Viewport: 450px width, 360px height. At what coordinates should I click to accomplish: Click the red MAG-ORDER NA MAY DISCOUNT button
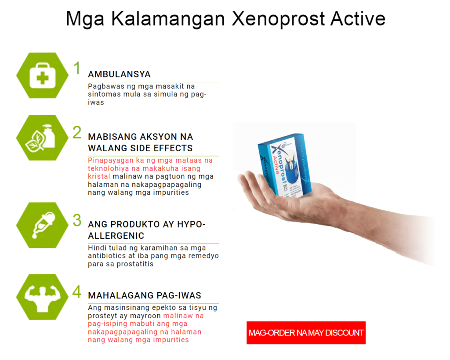click(x=306, y=333)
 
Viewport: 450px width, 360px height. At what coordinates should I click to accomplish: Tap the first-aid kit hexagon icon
click(x=43, y=76)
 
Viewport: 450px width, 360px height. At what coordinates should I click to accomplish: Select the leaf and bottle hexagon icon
click(x=43, y=138)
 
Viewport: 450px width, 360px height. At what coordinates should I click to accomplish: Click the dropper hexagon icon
click(x=43, y=225)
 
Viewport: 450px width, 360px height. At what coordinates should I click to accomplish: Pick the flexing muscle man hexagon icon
click(x=43, y=297)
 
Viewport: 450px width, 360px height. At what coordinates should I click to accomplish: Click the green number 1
click(x=76, y=68)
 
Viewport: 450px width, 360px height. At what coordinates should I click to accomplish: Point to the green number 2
click(x=77, y=132)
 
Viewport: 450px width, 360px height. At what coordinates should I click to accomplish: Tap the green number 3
click(x=77, y=220)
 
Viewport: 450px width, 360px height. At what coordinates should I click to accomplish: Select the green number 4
click(x=77, y=292)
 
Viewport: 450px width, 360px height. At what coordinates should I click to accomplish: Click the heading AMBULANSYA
click(x=119, y=74)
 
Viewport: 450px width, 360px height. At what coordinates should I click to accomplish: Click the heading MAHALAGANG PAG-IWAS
click(x=145, y=295)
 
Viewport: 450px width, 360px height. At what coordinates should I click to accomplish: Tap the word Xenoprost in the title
click(x=278, y=19)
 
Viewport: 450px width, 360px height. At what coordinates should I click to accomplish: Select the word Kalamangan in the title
click(x=168, y=19)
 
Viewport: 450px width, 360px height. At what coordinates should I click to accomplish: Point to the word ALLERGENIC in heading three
click(x=116, y=236)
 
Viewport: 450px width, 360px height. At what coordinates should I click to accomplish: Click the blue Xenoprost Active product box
click(x=284, y=166)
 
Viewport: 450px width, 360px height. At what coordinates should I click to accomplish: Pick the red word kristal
click(x=99, y=176)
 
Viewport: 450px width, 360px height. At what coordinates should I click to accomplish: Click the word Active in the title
click(x=358, y=19)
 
